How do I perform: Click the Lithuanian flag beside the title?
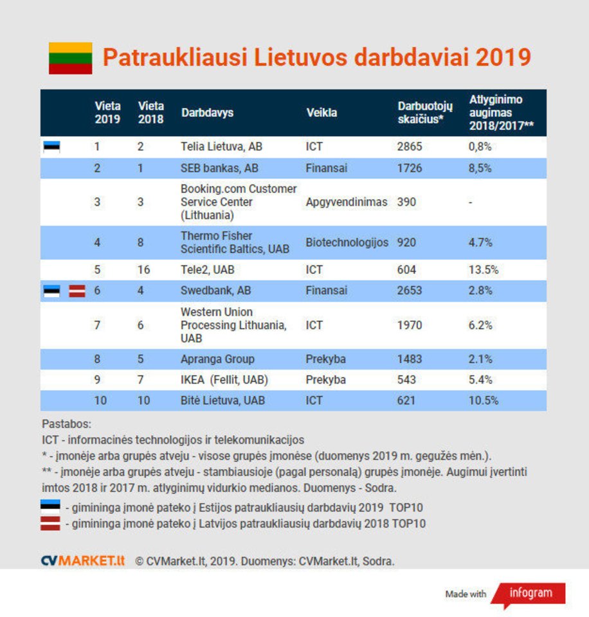point(70,58)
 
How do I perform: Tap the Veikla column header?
point(322,112)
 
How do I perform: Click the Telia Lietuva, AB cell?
point(221,147)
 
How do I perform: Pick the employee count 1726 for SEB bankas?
point(410,168)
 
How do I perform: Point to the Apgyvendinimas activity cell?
point(347,202)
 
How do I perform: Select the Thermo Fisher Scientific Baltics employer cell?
point(235,242)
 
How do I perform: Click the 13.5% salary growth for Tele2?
point(484,270)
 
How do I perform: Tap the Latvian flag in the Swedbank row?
point(77,291)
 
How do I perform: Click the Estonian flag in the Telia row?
point(51,147)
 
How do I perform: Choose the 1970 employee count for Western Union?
point(410,325)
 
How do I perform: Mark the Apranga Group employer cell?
point(217,359)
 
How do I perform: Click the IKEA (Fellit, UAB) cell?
point(224,380)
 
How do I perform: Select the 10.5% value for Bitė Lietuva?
point(484,400)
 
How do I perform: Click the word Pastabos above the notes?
point(66,425)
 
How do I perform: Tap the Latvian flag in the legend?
point(51,523)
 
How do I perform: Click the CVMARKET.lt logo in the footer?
point(83,561)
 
